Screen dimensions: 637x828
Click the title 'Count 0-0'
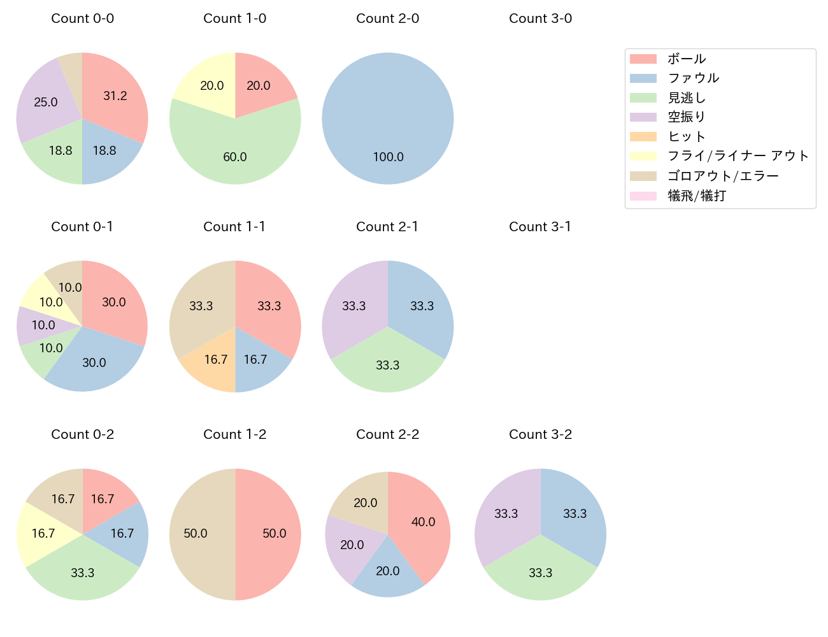(82, 18)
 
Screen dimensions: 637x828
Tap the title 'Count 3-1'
(540, 227)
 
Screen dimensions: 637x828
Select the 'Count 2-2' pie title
(387, 434)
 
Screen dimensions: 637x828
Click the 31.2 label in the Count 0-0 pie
(115, 96)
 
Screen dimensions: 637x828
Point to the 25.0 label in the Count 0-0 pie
(46, 102)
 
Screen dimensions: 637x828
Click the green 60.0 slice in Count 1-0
(235, 153)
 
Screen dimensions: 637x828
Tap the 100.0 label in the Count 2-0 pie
(388, 157)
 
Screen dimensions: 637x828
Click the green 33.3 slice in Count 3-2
(540, 570)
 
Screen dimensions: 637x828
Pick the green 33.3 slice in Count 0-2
(82, 570)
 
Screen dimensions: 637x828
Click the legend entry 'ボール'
(687, 59)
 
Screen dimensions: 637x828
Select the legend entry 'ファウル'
(693, 78)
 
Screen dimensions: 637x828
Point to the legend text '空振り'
(687, 117)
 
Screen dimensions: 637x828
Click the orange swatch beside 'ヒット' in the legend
(643, 137)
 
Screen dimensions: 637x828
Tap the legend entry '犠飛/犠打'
(697, 196)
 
